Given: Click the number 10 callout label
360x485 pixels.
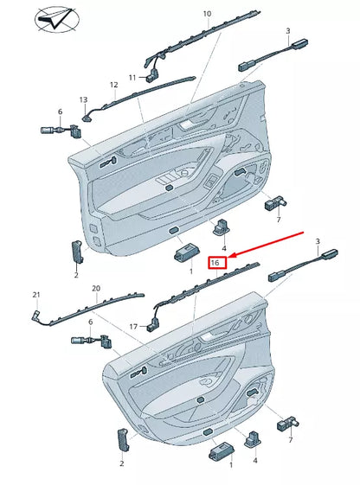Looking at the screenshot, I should pos(207,14).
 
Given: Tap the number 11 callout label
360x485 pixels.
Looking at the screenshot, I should pos(132,77).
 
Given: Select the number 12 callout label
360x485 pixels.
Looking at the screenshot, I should pos(113,85).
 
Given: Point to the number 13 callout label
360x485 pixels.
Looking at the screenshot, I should pos(84,99).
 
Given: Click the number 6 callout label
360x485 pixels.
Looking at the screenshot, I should pos(60,112).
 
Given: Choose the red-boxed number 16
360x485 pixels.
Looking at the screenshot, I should pos(218,261).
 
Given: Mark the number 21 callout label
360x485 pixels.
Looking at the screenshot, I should pos(35,295).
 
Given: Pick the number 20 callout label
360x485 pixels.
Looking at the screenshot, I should pos(96,288).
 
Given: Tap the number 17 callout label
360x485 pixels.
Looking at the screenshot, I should pos(133,327).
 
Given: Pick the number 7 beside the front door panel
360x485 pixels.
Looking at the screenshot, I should pos(279,220).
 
